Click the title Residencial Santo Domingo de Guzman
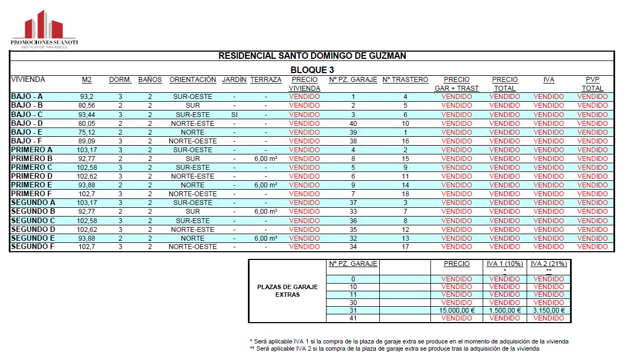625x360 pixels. point(312,56)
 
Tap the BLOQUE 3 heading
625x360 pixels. point(312,70)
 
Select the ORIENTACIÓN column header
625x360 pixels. point(193,80)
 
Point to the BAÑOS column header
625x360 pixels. point(150,80)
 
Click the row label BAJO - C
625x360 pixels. point(27,114)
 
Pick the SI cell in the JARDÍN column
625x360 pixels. point(234,114)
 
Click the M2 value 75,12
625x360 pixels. point(87,132)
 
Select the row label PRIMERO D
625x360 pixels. point(32,176)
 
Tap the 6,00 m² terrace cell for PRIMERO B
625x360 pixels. point(266,158)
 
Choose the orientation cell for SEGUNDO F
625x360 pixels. point(193,247)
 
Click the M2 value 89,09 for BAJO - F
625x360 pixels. point(87,141)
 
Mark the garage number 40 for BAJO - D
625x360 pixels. point(353,123)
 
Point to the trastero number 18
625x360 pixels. point(405,193)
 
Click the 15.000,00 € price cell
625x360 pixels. point(456,311)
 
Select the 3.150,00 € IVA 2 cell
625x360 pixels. point(549,311)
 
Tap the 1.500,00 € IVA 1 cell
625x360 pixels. point(504,311)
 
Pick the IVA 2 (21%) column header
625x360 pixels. point(549,264)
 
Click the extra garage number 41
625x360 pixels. point(353,318)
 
